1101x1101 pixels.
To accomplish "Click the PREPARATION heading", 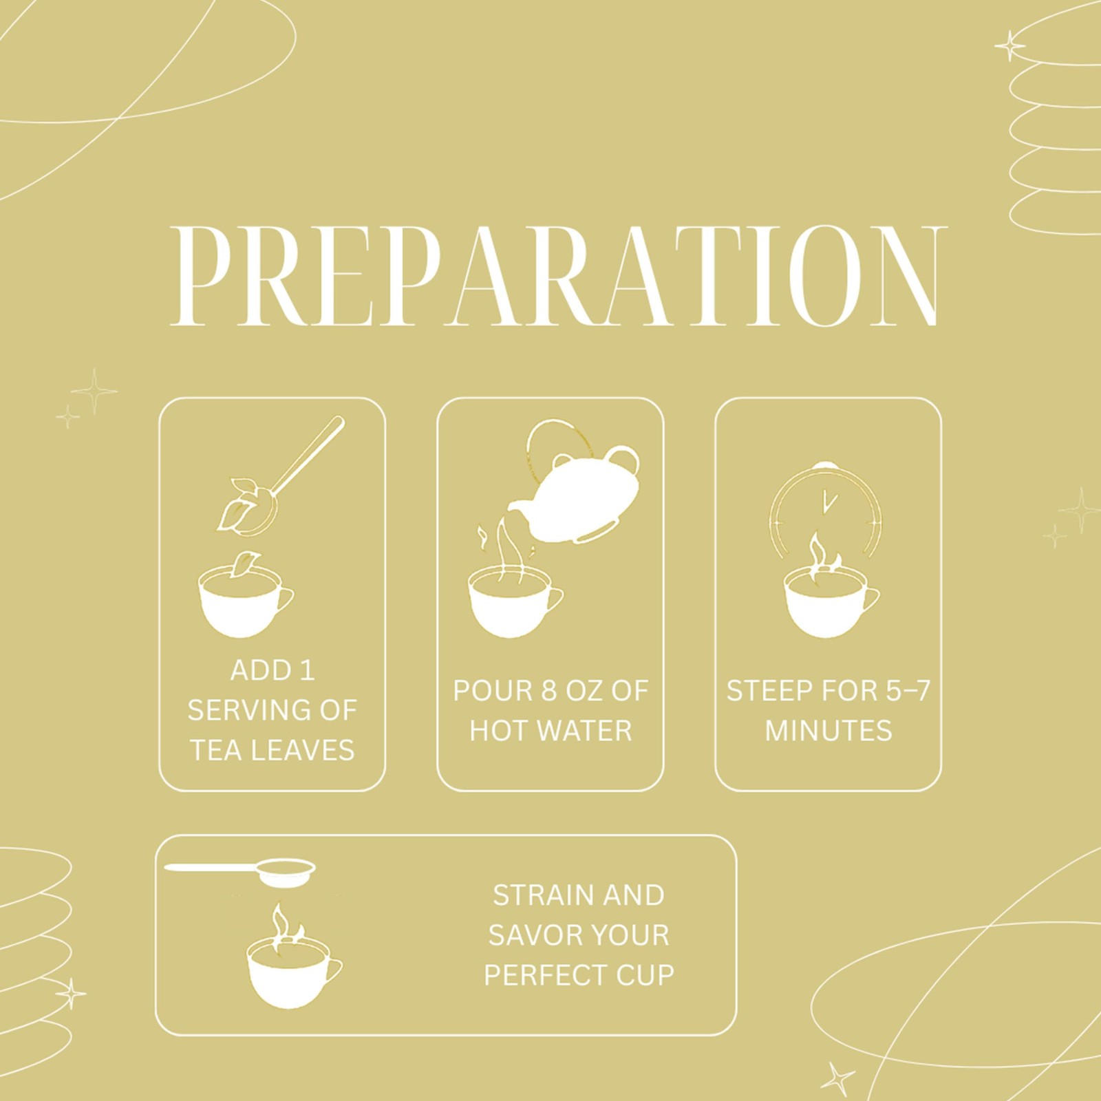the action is [x=559, y=276].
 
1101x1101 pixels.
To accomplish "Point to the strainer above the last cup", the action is [x=241, y=870].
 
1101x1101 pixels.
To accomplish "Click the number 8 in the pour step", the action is [x=548, y=691].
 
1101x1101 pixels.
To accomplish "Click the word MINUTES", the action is [x=829, y=731].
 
